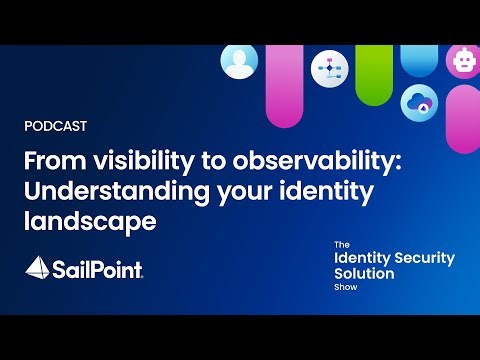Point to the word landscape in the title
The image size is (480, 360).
[x=90, y=221]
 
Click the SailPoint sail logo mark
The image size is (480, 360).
[x=37, y=267]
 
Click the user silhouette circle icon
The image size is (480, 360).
[x=239, y=63]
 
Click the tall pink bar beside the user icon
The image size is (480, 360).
[x=284, y=85]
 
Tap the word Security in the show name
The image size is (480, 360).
[x=423, y=258]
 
